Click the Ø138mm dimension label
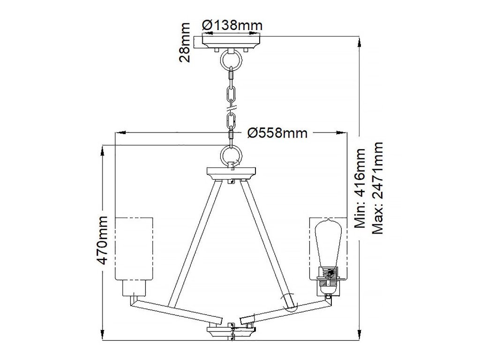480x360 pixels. (232, 25)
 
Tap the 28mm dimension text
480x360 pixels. (185, 42)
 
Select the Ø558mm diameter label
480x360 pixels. (277, 133)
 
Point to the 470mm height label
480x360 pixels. (102, 240)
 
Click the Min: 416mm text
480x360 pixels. (360, 188)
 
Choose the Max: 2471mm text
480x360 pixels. (377, 188)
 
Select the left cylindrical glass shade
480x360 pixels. (134, 248)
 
